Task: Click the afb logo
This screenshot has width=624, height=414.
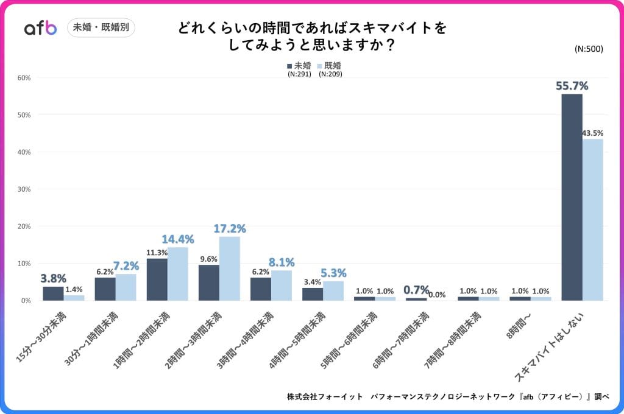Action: (40, 28)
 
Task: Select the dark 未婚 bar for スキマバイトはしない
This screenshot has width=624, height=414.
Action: (572, 197)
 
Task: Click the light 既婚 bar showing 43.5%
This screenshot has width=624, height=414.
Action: (592, 220)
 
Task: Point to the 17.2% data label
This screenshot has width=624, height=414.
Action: (230, 229)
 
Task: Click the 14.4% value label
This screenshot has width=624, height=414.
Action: (177, 239)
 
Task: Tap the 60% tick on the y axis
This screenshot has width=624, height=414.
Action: (24, 78)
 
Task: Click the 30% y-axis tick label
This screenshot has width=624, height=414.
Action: (24, 189)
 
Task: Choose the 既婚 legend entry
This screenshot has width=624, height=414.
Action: (328, 65)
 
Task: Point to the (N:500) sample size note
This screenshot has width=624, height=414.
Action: (589, 49)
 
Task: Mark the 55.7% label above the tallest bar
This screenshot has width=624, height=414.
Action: (572, 86)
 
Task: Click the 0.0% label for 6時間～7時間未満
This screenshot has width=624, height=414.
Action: (436, 295)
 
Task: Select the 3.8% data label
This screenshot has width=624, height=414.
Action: (53, 278)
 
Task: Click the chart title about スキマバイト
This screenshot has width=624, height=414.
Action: (312, 37)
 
